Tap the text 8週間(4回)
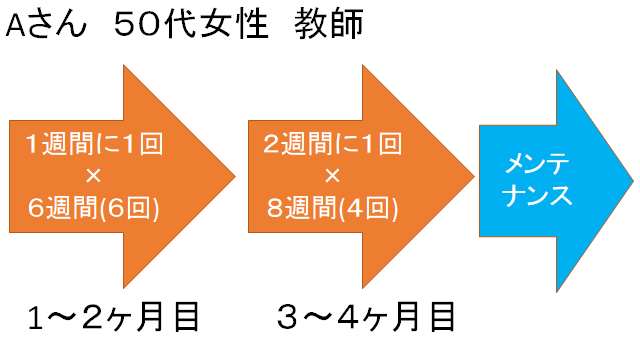(x=330, y=209)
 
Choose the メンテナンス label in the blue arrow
(x=540, y=178)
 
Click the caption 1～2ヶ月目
(x=113, y=317)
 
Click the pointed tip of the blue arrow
(x=631, y=180)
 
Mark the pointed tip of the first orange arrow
(x=235, y=178)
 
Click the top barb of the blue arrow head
(x=558, y=70)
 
